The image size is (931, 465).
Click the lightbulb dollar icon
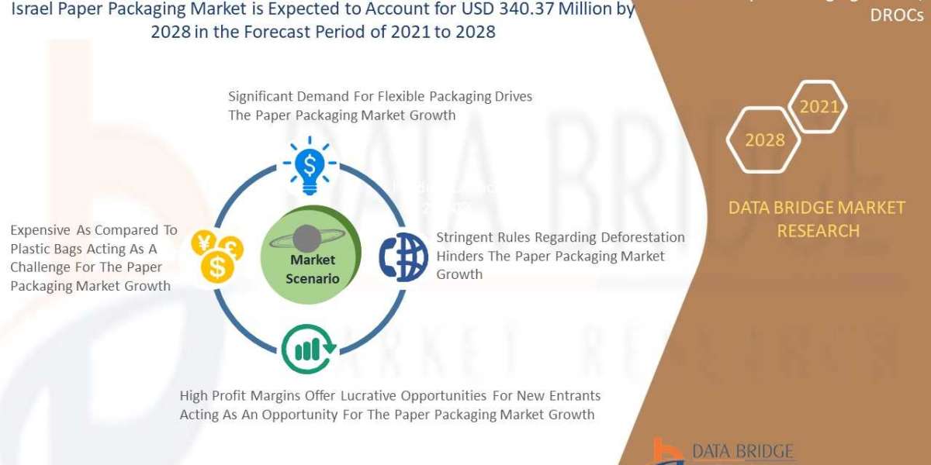click(x=310, y=164)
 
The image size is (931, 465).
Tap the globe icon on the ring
click(x=403, y=257)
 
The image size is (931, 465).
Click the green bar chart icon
click(x=308, y=350)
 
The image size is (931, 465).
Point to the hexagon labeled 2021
click(x=819, y=107)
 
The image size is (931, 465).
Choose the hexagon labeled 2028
click(x=764, y=140)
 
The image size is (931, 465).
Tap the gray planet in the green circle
click(x=306, y=238)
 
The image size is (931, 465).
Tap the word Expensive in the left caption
click(x=40, y=230)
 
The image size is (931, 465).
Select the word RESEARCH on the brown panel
click(x=818, y=231)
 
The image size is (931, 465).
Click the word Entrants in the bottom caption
click(x=573, y=396)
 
